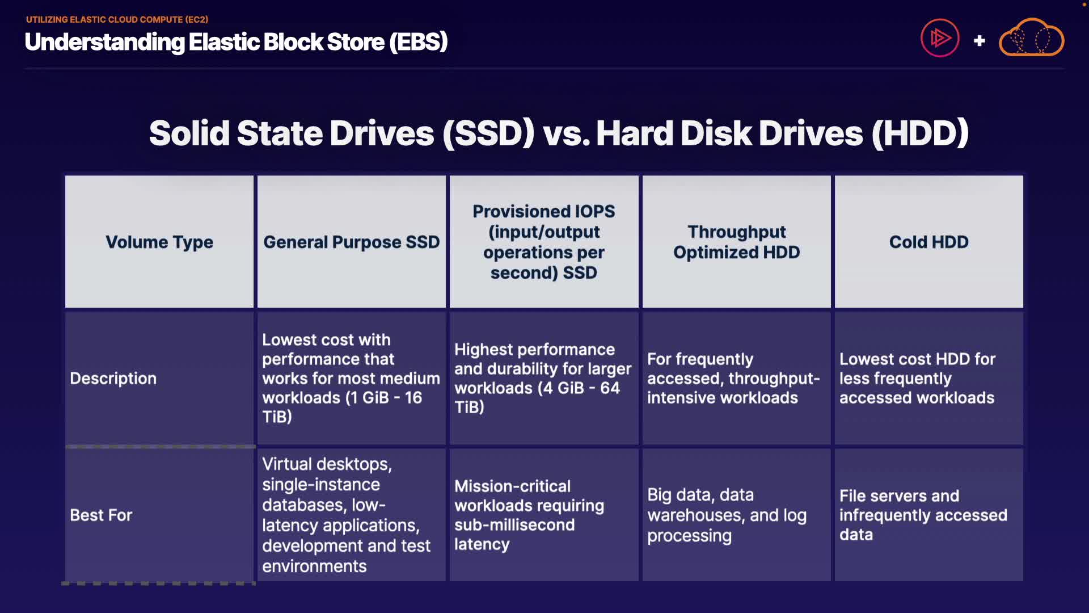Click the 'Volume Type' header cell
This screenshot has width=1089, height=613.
[x=159, y=242]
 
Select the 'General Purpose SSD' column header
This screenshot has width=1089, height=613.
[x=352, y=242]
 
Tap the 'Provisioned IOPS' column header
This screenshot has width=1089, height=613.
[x=544, y=242]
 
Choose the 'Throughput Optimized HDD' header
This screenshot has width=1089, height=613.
[x=736, y=242]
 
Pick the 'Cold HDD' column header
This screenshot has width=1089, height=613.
[x=929, y=242]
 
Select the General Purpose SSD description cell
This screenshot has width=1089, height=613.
[x=352, y=379]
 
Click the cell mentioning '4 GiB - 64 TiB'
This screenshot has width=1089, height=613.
[x=544, y=379]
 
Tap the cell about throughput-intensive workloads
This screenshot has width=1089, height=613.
[x=736, y=379]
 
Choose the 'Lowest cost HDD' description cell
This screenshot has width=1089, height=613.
[x=929, y=379]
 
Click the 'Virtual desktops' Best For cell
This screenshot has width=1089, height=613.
[x=352, y=515]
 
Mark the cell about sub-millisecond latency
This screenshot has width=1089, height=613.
[x=544, y=515]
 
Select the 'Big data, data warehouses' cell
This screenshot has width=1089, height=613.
[x=736, y=515]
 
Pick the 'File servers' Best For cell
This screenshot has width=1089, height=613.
[x=929, y=515]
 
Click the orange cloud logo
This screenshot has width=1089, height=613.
[x=1031, y=38]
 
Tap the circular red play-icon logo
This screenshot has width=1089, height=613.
[x=940, y=38]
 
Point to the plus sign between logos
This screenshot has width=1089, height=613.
[x=979, y=41]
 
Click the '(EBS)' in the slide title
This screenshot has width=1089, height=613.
[x=419, y=42]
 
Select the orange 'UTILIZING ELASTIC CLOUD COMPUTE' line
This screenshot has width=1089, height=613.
[x=117, y=19]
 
